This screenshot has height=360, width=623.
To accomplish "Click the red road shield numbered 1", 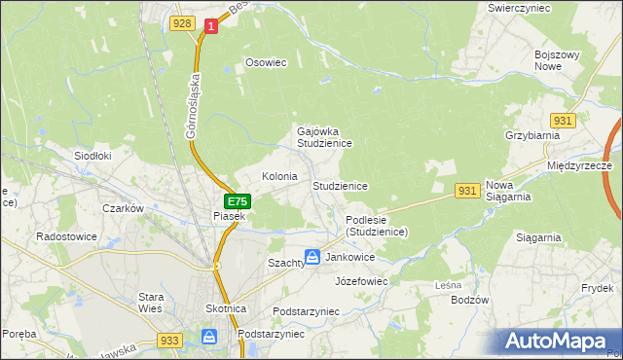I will pos(209,28).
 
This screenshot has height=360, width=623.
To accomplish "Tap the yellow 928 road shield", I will pos(181,23).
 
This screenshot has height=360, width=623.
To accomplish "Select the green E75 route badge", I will pos(237,201).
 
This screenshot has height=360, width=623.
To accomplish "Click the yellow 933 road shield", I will pos(169,341).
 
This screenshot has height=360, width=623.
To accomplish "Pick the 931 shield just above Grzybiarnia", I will pos(562,119).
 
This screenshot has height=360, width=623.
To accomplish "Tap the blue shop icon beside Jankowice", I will pos(312,257).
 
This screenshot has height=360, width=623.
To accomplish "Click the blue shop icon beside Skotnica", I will pos(209,337).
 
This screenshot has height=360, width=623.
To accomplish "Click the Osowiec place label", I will pos(266,63).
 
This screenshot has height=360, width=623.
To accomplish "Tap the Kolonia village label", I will pos(279,177).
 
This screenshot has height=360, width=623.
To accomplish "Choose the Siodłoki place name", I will pos(93,155).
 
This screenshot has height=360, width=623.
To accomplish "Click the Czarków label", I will pos(124,208).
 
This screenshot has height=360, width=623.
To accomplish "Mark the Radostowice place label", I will pos(63,235).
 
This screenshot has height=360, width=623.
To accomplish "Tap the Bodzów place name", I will pos(469,300).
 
